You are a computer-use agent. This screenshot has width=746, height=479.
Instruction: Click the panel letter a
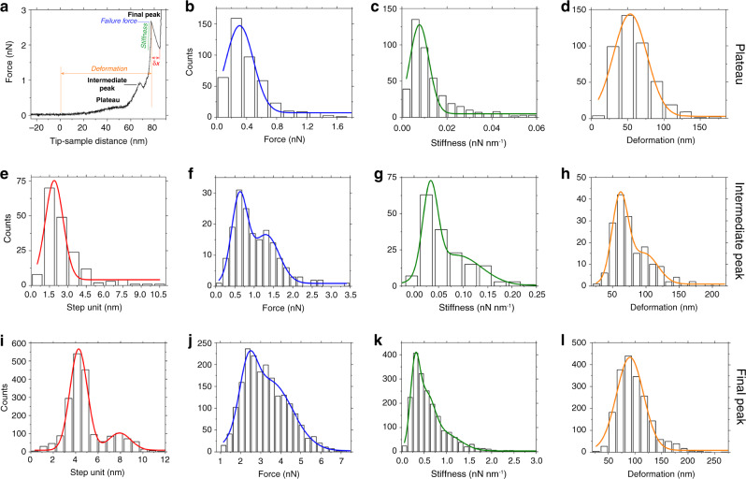7,7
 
